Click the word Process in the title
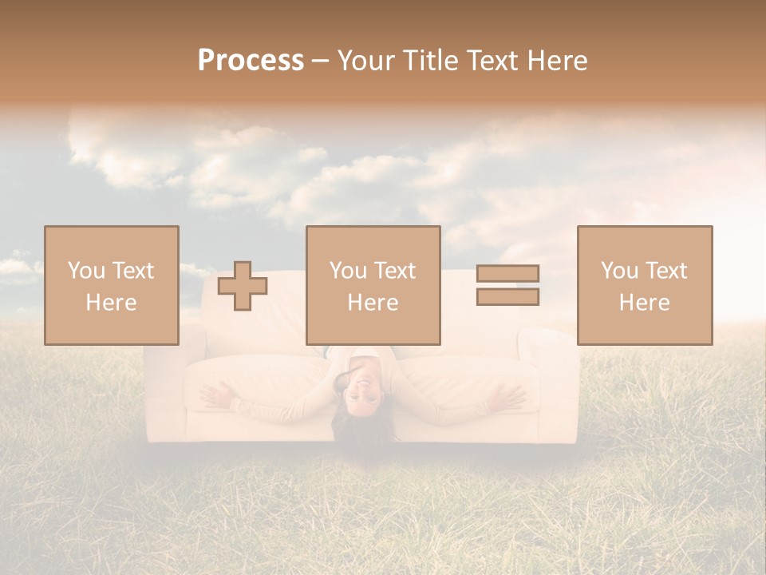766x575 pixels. tap(251, 61)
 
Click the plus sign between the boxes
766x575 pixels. tap(243, 286)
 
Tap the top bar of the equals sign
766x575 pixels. tap(507, 273)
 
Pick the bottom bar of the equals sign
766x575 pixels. tap(507, 297)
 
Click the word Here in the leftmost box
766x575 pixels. tap(111, 303)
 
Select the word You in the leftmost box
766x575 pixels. tap(85, 271)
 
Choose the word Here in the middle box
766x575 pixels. tap(373, 303)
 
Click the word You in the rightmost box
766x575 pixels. tap(618, 271)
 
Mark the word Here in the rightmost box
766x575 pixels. tap(644, 303)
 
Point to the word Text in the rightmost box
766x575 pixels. tap(666, 271)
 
